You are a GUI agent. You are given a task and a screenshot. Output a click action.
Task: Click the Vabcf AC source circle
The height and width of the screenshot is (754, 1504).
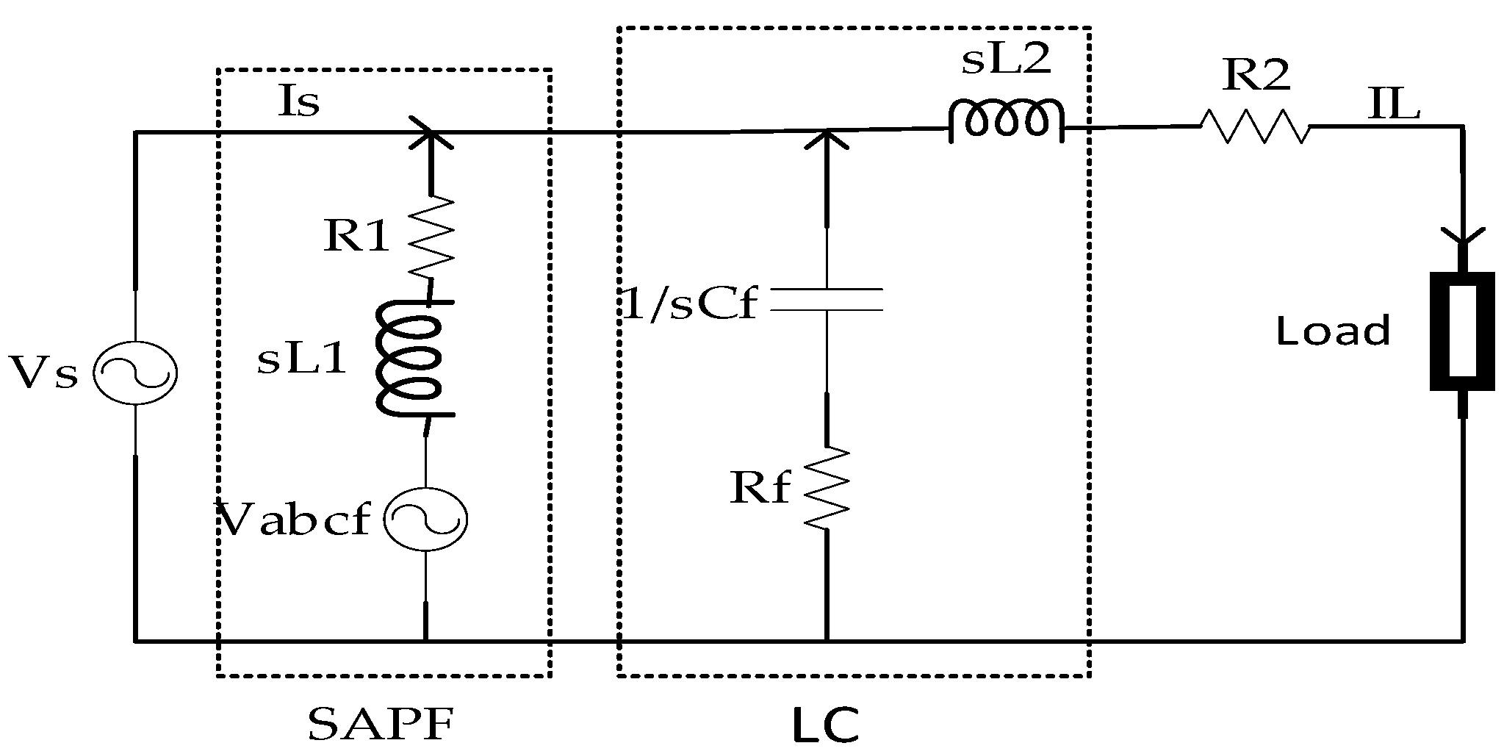tap(426, 520)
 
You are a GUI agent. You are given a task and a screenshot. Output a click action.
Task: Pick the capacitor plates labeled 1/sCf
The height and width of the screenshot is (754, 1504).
tap(827, 300)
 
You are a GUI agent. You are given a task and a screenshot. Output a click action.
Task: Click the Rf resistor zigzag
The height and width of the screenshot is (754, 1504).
tap(827, 487)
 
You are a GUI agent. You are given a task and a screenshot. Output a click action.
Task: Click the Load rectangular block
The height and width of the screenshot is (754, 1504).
tap(1462, 331)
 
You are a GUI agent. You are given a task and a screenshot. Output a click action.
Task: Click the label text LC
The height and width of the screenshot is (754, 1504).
tap(826, 726)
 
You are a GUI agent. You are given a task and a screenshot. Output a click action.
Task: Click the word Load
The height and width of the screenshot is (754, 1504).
tap(1333, 331)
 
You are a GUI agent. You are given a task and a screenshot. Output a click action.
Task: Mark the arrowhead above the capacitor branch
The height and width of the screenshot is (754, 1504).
tap(827, 140)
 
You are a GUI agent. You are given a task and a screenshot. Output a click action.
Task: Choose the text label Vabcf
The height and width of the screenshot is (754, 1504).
tap(295, 520)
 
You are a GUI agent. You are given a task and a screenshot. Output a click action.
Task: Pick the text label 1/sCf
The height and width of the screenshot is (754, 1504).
tap(688, 303)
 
